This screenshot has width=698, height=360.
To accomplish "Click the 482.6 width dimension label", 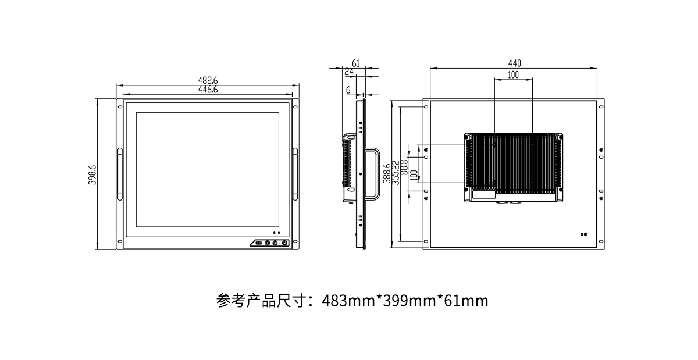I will pyautogui.click(x=208, y=80).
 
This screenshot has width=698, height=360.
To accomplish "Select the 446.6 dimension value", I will pyautogui.click(x=208, y=90).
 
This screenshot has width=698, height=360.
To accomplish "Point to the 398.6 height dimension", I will pyautogui.click(x=92, y=174).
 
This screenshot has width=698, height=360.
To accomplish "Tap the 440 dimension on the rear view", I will pyautogui.click(x=514, y=63).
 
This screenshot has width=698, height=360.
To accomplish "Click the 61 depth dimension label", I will pyautogui.click(x=356, y=63).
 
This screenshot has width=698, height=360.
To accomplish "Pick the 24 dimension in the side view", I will pyautogui.click(x=349, y=72).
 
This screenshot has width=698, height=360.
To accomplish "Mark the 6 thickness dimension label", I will pyautogui.click(x=348, y=90).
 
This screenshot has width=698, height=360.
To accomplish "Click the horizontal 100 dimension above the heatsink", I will pyautogui.click(x=513, y=75).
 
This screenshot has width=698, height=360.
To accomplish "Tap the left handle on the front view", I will pyautogui.click(x=120, y=173).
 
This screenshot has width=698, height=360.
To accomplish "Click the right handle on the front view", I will pyautogui.click(x=295, y=173).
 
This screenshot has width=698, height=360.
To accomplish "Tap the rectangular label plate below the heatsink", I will pyautogui.click(x=484, y=195).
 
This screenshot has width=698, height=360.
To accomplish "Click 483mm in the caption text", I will pyautogui.click(x=348, y=301).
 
